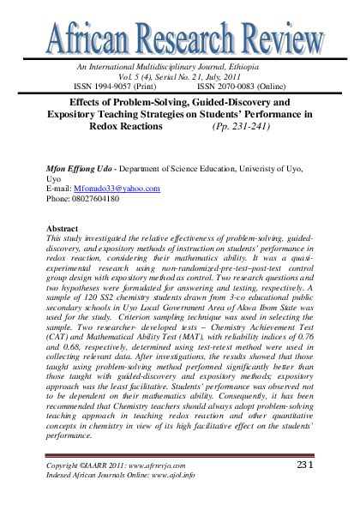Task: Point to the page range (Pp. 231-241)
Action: [x=243, y=125]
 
